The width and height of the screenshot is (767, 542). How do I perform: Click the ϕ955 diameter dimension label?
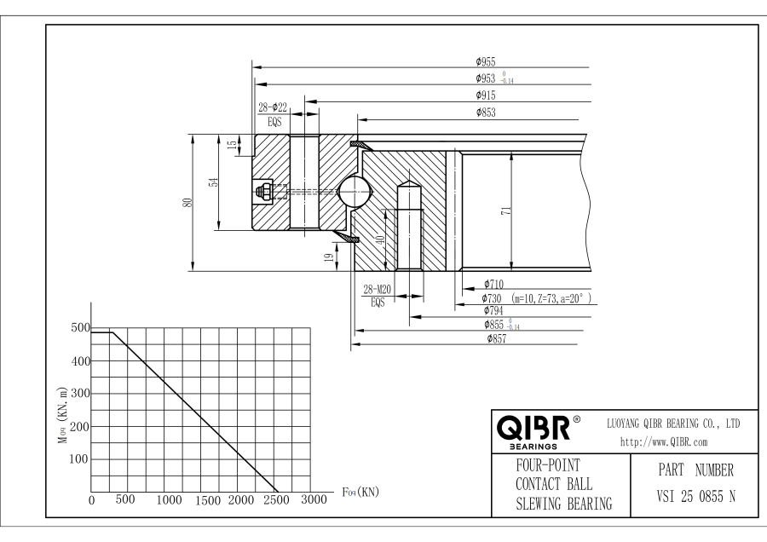(486, 61)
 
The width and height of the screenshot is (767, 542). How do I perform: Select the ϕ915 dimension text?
(486, 95)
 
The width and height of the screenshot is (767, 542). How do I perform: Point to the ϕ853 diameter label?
(486, 112)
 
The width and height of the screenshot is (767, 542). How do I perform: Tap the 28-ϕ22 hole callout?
(273, 107)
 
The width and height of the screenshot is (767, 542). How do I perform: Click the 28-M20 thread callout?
(378, 290)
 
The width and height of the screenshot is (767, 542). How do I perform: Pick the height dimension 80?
(187, 202)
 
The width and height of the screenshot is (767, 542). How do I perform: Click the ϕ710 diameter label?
(494, 284)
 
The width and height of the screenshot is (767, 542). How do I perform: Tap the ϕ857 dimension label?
(497, 338)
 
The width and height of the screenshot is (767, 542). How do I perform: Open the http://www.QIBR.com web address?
(664, 442)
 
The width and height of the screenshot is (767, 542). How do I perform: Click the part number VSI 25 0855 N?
(695, 497)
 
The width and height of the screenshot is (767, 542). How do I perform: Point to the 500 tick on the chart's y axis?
(81, 328)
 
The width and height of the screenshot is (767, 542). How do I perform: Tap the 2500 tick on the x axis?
(276, 500)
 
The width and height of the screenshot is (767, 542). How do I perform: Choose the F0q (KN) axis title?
(360, 492)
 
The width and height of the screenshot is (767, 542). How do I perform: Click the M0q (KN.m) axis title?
(62, 415)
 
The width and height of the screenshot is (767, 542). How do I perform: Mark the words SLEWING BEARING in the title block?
(564, 504)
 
